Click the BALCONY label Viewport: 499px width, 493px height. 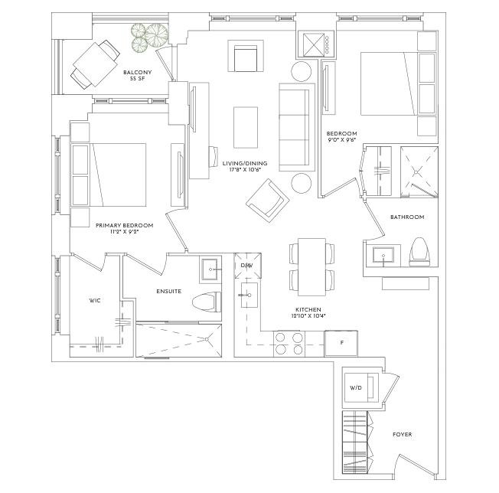click(138, 72)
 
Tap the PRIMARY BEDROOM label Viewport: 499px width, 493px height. click(125, 225)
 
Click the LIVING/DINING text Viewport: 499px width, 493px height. click(245, 163)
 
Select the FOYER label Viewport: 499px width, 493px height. click(403, 435)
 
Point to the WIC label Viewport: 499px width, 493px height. click(95, 300)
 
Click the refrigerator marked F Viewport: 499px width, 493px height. click(341, 344)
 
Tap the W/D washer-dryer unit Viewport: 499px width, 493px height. click(360, 387)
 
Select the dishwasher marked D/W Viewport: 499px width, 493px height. click(248, 266)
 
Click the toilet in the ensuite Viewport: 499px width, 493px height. click(207, 302)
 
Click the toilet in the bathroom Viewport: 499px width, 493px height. click(419, 252)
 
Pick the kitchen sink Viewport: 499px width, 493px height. click(249, 295)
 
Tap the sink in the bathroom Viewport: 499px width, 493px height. click(383, 256)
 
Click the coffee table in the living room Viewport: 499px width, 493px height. click(246, 127)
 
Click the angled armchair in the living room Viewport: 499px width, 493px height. click(268, 201)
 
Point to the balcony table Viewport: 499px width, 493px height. click(96, 64)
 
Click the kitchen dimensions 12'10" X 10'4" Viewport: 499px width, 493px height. click(308, 316)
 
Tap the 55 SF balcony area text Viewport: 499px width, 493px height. click(138, 79)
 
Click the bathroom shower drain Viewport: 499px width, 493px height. click(416, 172)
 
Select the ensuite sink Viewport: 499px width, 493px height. click(210, 269)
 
